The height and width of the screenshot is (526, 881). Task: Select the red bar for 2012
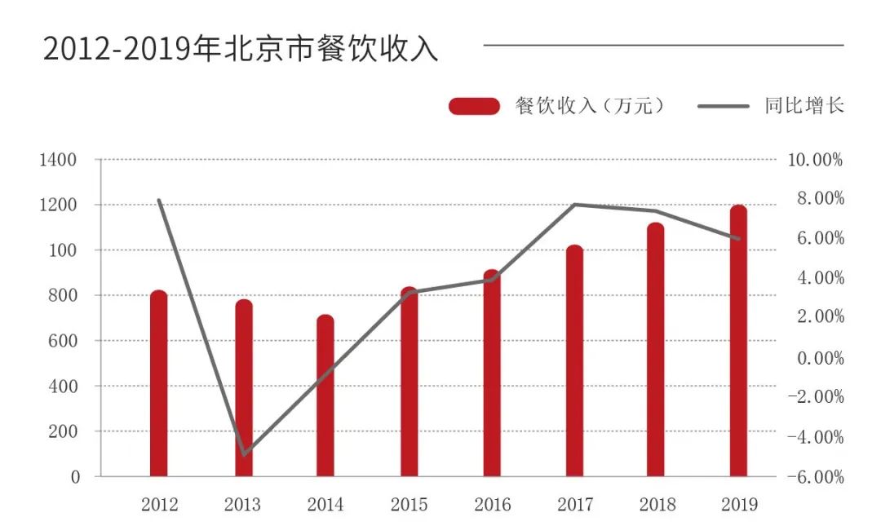(159, 383)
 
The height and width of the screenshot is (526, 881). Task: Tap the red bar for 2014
(325, 396)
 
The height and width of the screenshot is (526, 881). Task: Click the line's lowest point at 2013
(244, 453)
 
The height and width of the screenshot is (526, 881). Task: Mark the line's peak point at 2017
(575, 204)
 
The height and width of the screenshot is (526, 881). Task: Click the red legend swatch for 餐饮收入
(474, 106)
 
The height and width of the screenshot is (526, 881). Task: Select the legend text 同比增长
(804, 106)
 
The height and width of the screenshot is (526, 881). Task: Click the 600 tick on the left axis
(64, 341)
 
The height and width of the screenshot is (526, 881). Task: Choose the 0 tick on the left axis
(76, 477)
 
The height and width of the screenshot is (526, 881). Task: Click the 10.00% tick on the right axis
(815, 160)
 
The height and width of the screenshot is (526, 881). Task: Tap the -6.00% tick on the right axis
(815, 477)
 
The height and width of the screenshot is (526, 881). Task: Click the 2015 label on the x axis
(409, 505)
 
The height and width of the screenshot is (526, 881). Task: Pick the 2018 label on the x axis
(657, 505)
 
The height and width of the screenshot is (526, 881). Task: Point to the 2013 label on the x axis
(242, 505)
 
